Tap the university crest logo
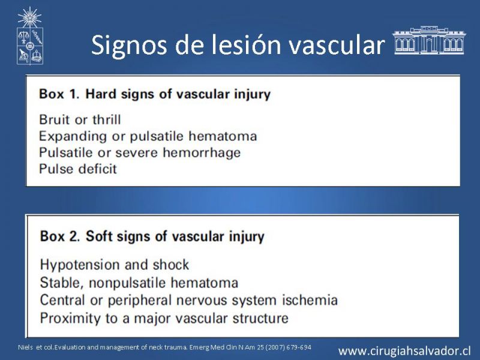click(x=29, y=35)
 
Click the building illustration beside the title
click(x=429, y=40)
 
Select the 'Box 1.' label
click(x=59, y=94)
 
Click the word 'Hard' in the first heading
click(x=101, y=94)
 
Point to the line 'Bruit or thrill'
click(x=80, y=119)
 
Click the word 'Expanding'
click(x=73, y=137)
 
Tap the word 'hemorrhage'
click(x=202, y=152)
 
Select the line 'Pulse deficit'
click(x=78, y=169)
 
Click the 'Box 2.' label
click(x=60, y=236)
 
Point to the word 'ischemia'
click(x=310, y=300)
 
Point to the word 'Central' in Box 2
click(x=62, y=300)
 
